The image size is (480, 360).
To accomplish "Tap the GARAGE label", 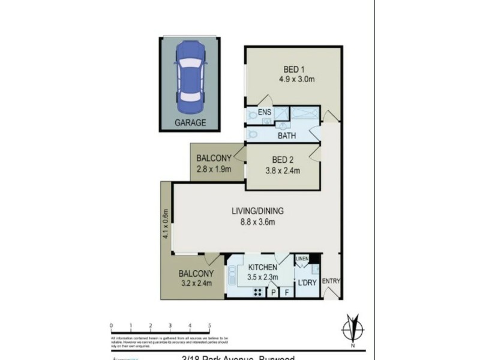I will click(x=190, y=122).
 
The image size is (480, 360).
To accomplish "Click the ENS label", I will click(x=265, y=112).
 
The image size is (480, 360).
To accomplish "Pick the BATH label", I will click(x=287, y=136).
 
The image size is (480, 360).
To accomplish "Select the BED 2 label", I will click(x=282, y=160).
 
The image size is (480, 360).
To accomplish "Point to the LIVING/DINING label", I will click(x=258, y=211).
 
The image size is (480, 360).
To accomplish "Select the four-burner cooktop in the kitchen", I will click(x=259, y=292).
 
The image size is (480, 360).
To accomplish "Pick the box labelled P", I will click(x=274, y=293).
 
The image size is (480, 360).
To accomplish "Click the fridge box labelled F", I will click(x=287, y=293).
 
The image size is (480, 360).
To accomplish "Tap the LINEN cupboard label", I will click(x=302, y=259).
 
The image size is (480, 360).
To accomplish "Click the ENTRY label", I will click(x=330, y=281).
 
